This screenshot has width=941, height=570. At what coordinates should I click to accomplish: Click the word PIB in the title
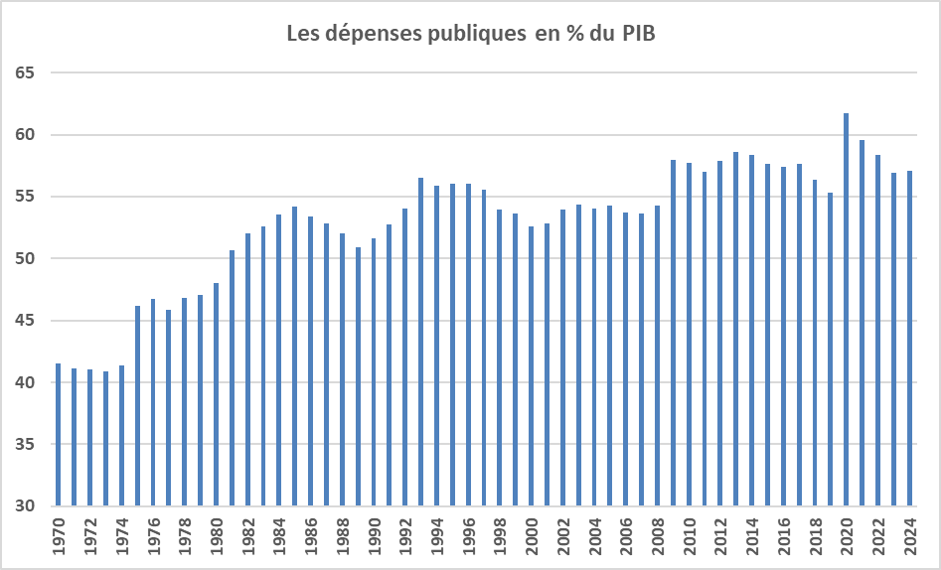tap(639, 34)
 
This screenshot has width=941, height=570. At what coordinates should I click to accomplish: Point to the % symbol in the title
tap(573, 34)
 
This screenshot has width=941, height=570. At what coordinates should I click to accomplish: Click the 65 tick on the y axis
tap(26, 73)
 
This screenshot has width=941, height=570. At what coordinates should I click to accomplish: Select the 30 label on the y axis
tap(26, 506)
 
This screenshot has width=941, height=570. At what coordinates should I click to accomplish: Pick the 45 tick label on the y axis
tap(26, 321)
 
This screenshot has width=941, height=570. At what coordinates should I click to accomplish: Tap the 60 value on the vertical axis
tap(26, 135)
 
